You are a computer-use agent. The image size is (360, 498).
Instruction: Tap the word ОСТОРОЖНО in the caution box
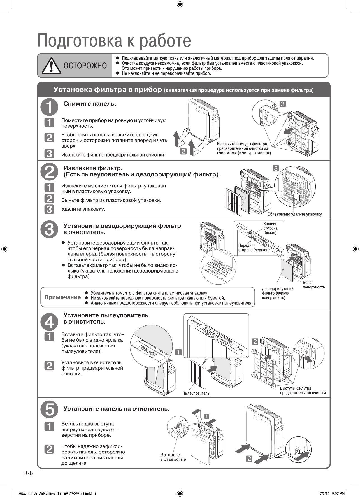click(x=85, y=66)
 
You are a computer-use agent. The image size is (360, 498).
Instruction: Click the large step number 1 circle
click(x=49, y=107)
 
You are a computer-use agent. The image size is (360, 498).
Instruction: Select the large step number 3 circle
click(x=49, y=229)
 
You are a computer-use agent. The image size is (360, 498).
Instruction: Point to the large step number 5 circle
click(x=49, y=409)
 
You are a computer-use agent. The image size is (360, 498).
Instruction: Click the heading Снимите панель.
click(x=90, y=104)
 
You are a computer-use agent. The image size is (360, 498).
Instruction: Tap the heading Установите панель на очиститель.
click(x=116, y=409)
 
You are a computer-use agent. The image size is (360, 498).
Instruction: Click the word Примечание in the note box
click(x=62, y=297)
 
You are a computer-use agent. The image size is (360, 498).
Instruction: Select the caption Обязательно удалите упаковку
click(x=294, y=214)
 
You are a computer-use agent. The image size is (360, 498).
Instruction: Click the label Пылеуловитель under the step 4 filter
click(x=196, y=393)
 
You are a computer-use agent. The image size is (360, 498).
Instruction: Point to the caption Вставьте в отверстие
click(x=173, y=457)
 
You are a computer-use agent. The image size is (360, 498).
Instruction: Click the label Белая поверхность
click(x=313, y=285)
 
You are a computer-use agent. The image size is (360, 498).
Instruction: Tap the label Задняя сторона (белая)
click(x=270, y=228)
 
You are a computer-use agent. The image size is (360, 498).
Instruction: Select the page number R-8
click(x=28, y=473)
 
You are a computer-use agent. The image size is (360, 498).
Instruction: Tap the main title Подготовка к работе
click(x=114, y=41)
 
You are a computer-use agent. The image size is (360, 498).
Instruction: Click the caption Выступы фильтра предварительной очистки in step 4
click(x=303, y=390)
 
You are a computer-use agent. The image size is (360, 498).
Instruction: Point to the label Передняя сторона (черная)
click(x=253, y=248)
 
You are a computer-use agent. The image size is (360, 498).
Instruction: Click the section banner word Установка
click(x=73, y=90)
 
